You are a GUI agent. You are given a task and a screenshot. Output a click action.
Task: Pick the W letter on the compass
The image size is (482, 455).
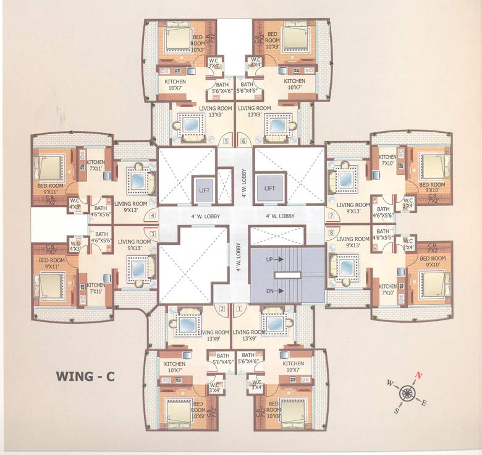[390, 383]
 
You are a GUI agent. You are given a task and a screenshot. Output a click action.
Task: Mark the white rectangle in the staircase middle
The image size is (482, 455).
[287, 275]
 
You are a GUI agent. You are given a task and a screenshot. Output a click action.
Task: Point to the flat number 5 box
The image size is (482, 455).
[226, 141]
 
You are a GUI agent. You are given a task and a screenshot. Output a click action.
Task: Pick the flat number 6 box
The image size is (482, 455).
[243, 141]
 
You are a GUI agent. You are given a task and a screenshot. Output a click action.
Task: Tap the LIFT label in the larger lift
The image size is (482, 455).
[270, 187]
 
